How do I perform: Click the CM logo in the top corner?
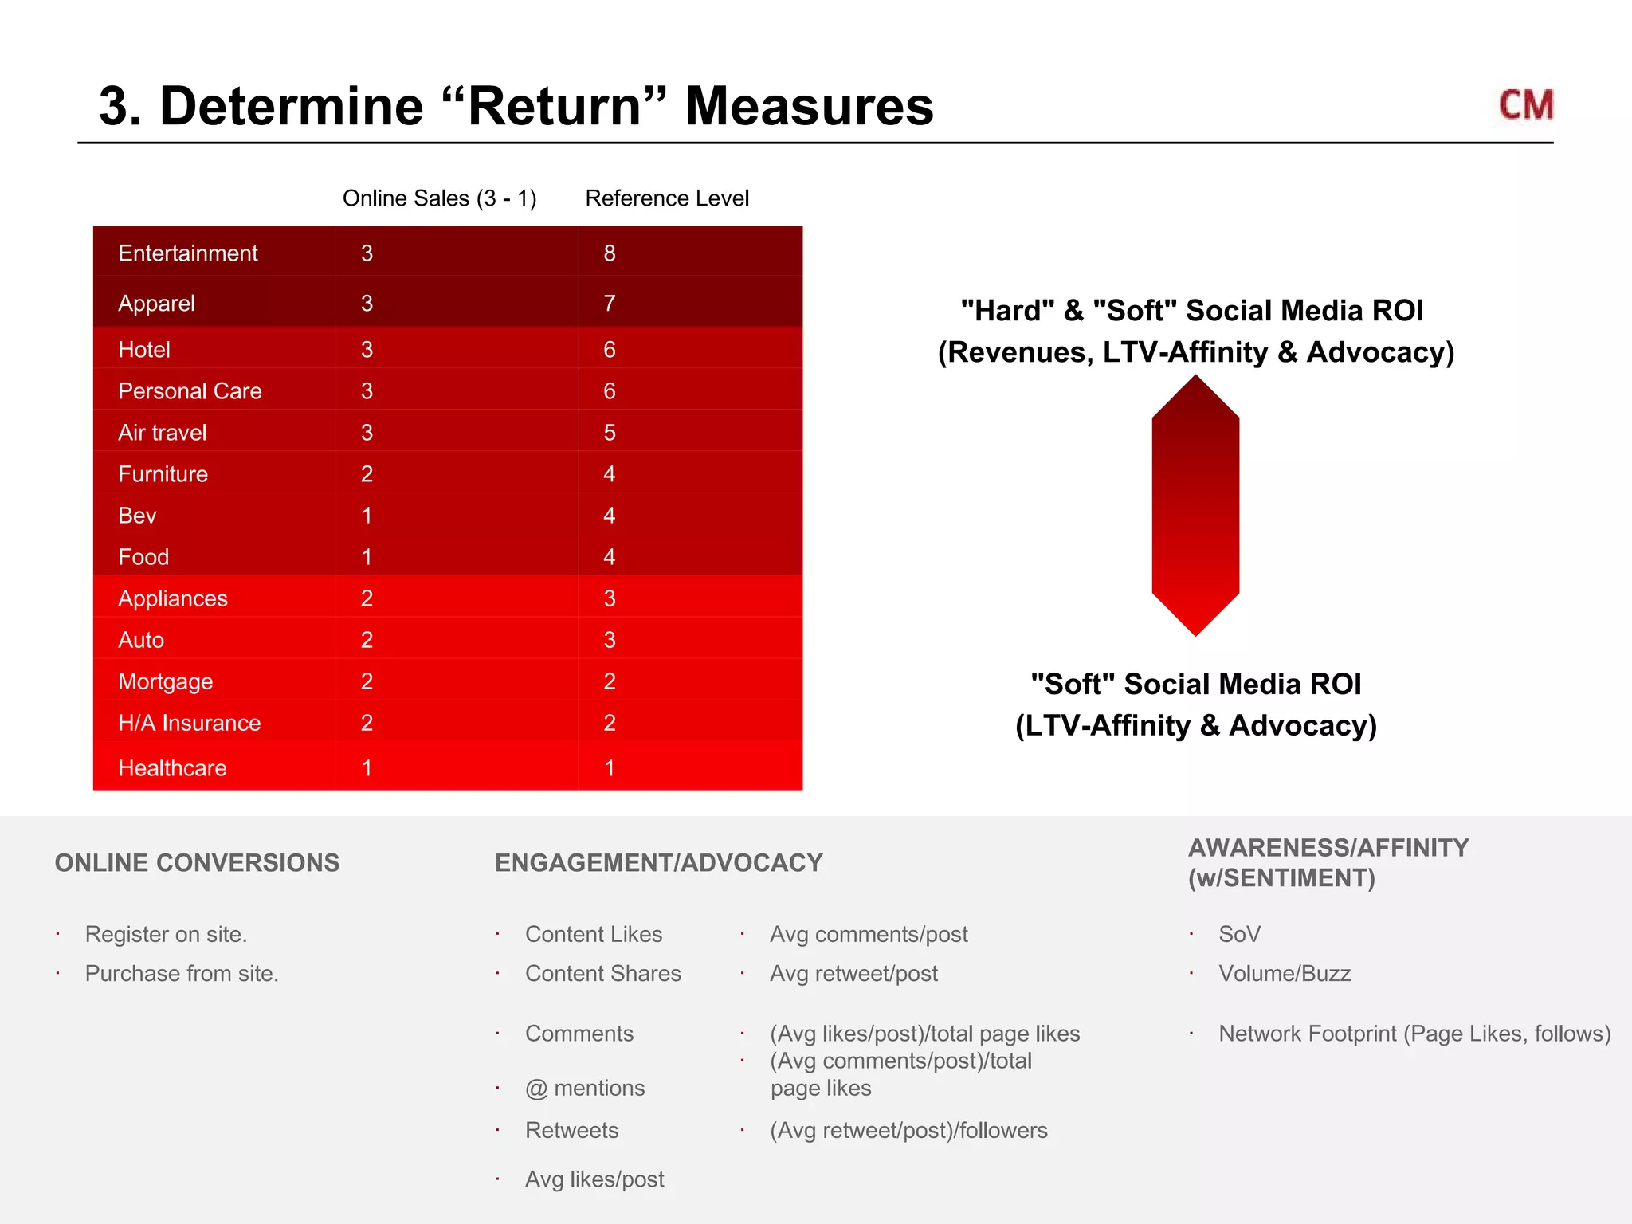pos(1525,105)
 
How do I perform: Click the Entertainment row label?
pos(188,253)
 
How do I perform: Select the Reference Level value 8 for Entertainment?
pos(610,253)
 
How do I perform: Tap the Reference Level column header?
pos(667,198)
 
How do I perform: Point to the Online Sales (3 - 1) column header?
pos(439,198)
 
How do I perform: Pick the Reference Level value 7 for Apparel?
pos(610,304)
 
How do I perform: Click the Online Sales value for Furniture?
pos(367,474)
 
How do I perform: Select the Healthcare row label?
pos(172,768)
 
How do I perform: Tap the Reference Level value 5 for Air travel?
pos(610,433)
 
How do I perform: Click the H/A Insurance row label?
pos(190,723)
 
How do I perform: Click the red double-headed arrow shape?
pos(1195,506)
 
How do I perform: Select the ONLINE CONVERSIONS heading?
pos(197,863)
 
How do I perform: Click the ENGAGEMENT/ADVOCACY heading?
pos(658,863)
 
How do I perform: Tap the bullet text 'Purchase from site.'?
pos(182,974)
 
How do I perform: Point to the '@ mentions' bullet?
pos(585,1089)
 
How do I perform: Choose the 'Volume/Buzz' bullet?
pos(1285,974)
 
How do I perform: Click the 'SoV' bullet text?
pos(1239,934)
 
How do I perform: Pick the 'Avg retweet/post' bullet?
pos(853,974)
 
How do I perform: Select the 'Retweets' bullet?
pos(571,1131)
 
